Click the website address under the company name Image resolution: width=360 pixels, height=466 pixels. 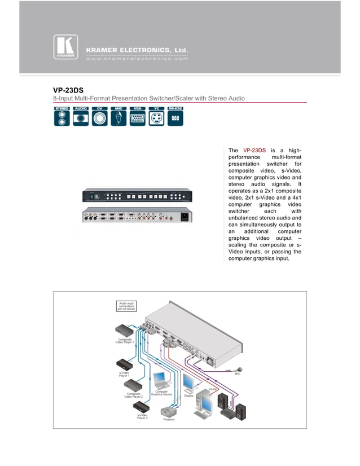[137, 58]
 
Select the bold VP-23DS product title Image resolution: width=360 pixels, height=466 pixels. [68, 89]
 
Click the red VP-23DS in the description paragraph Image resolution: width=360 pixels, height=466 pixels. [254, 150]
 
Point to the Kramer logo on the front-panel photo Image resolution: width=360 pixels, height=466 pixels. [97, 196]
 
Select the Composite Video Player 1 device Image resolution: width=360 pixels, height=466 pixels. [125, 330]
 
